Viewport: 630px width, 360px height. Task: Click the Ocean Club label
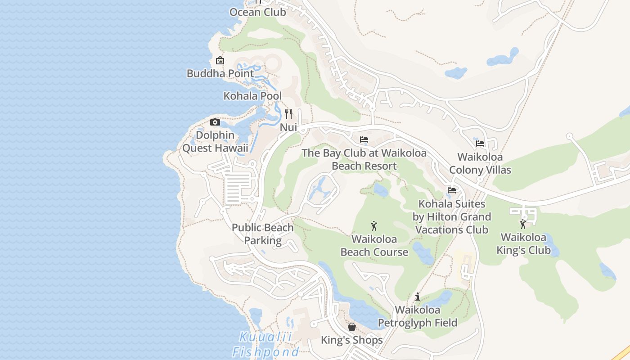[257, 12]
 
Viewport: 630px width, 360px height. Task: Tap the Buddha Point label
[220, 73]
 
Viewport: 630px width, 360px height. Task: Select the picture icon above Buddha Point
[220, 60]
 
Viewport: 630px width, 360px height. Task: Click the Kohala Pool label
[252, 96]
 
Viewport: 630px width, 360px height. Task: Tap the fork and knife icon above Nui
[288, 113]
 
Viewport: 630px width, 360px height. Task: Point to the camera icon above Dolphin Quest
[215, 122]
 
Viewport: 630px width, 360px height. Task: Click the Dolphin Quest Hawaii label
[215, 142]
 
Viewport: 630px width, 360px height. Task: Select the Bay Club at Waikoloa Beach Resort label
[364, 159]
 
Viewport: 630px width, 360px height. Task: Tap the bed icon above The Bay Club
[364, 139]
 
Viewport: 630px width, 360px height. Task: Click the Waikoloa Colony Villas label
[480, 163]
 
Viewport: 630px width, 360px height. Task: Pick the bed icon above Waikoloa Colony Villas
[480, 144]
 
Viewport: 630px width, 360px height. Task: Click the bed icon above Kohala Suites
[452, 190]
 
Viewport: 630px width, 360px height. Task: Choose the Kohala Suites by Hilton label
[452, 217]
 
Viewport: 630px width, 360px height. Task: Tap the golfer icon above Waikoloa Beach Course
[374, 226]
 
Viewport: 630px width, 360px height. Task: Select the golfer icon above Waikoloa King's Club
[523, 224]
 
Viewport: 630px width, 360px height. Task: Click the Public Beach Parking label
[263, 234]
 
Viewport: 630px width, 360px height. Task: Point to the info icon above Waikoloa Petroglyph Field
[418, 297]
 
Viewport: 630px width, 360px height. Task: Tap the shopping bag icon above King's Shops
[352, 326]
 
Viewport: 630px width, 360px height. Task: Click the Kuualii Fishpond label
[265, 344]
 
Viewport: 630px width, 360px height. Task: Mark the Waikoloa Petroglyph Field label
[418, 316]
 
